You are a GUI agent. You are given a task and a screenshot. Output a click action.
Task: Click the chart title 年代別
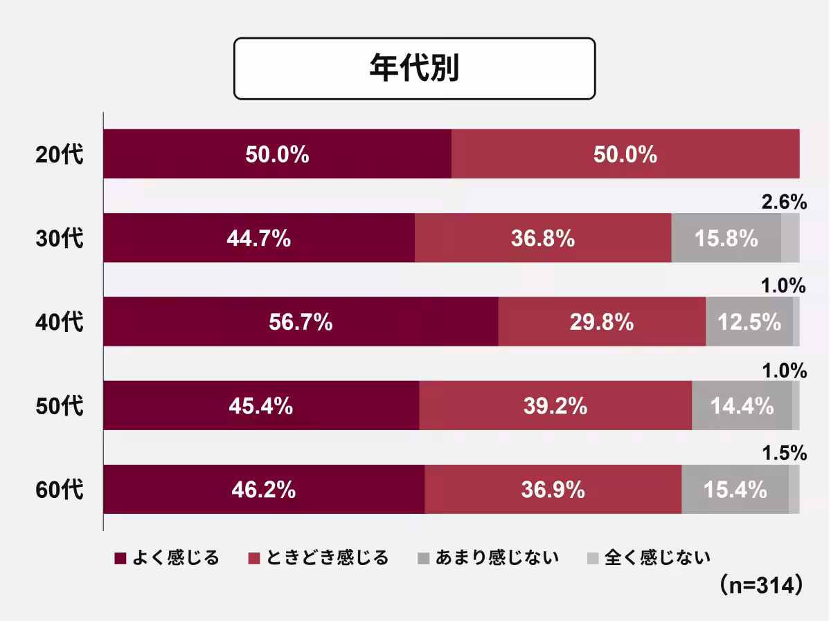pyautogui.click(x=414, y=69)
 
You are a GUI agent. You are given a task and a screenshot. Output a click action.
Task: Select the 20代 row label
pyautogui.click(x=60, y=154)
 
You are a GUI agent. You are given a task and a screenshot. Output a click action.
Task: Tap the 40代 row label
pyautogui.click(x=60, y=322)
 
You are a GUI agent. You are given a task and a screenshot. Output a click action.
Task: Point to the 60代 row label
pyautogui.click(x=60, y=490)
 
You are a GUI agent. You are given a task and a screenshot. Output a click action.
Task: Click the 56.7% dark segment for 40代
pyautogui.click(x=301, y=322)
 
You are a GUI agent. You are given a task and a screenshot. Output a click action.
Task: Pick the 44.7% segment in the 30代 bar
pyautogui.click(x=258, y=238)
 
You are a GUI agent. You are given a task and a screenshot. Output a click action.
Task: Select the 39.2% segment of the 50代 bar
pyautogui.click(x=555, y=406)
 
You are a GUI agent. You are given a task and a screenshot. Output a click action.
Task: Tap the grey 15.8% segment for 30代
pyautogui.click(x=726, y=238)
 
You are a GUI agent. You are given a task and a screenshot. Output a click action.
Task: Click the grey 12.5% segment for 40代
pyautogui.click(x=749, y=322)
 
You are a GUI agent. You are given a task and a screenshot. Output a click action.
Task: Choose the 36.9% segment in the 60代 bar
pyautogui.click(x=553, y=490)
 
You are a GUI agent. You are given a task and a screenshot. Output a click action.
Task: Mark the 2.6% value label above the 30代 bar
pyautogui.click(x=784, y=202)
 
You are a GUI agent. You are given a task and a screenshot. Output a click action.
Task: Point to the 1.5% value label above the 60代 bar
pyautogui.click(x=784, y=454)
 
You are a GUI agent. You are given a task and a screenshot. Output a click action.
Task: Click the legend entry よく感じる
pyautogui.click(x=166, y=557)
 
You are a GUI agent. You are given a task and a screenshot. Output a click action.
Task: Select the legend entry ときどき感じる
pyautogui.click(x=319, y=557)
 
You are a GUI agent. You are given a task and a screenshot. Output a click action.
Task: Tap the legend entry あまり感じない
pyautogui.click(x=488, y=557)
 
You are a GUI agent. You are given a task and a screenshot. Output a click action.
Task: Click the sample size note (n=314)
pyautogui.click(x=760, y=584)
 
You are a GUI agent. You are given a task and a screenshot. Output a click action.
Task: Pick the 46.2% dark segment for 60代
pyautogui.click(x=264, y=490)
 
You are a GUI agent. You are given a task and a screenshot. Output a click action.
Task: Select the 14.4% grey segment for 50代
pyautogui.click(x=742, y=406)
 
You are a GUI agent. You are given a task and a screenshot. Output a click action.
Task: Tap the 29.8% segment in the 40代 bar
pyautogui.click(x=602, y=322)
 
